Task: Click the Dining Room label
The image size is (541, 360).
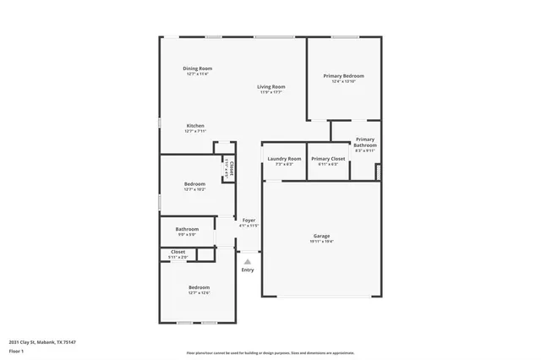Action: click(x=197, y=68)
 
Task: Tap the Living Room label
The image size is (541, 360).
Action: click(x=271, y=86)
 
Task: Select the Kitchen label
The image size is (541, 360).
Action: click(x=195, y=126)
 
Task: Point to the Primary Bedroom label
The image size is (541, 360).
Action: click(x=343, y=76)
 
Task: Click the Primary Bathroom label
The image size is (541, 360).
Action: click(x=365, y=142)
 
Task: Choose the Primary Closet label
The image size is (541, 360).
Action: click(x=327, y=159)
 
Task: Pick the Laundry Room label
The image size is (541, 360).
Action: click(x=284, y=159)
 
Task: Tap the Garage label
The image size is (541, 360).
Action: click(x=321, y=236)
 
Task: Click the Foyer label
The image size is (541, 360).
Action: click(x=249, y=221)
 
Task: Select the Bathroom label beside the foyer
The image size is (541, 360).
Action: click(x=187, y=229)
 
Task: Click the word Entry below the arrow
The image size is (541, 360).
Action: click(x=248, y=270)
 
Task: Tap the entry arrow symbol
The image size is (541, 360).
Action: click(x=248, y=261)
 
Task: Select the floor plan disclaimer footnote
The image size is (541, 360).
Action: click(x=270, y=353)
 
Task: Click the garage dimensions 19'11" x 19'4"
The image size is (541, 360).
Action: click(x=321, y=241)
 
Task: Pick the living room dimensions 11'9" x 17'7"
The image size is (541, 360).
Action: click(x=271, y=91)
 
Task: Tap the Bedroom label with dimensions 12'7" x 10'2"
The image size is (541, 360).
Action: click(x=195, y=184)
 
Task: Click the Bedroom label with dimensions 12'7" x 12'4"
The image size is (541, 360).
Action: click(x=199, y=288)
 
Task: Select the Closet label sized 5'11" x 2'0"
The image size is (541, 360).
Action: click(x=178, y=252)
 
